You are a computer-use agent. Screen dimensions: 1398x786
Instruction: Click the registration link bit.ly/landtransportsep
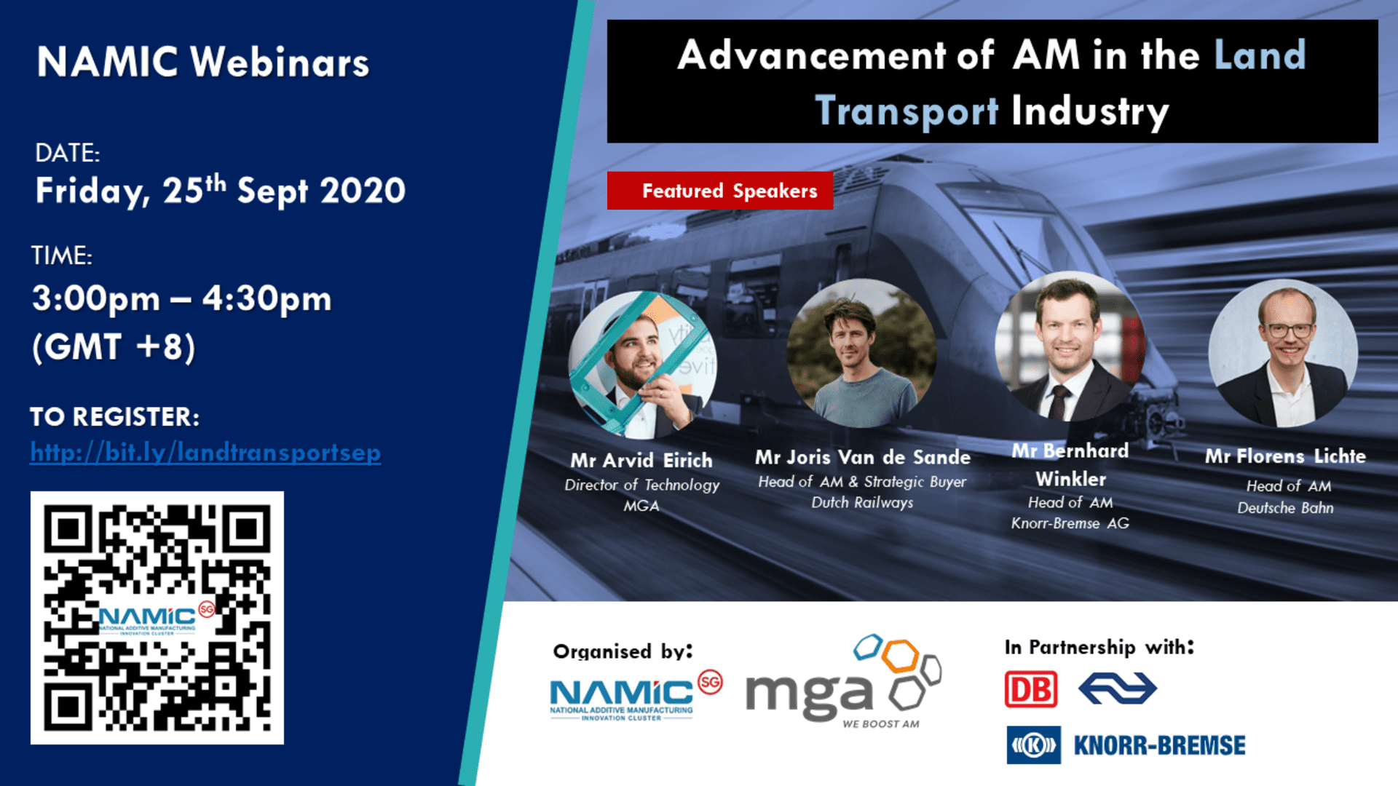[205, 453]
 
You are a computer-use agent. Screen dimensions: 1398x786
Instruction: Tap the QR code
[157, 618]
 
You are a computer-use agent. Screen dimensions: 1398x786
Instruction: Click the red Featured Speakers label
[720, 191]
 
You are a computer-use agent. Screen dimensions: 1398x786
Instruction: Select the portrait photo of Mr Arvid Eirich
[642, 365]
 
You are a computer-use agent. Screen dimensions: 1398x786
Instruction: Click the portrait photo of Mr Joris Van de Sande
[862, 354]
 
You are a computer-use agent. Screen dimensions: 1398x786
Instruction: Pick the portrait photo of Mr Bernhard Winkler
[1070, 346]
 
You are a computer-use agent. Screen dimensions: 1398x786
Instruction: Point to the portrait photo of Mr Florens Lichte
[1283, 354]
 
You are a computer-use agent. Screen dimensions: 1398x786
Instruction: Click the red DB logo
[1031, 689]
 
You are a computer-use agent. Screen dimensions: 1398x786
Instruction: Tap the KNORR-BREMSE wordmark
[1159, 745]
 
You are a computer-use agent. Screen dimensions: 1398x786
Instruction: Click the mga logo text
[809, 694]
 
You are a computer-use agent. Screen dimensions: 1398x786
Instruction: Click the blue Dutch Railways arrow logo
[1118, 688]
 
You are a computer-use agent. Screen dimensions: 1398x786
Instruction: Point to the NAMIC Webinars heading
[203, 62]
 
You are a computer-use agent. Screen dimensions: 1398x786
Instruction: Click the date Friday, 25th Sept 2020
[220, 191]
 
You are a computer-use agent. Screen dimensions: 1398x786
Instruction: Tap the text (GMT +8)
[114, 346]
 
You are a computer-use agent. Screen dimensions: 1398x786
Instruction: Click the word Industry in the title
[1090, 112]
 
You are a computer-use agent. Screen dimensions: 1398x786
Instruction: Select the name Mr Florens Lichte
[1285, 456]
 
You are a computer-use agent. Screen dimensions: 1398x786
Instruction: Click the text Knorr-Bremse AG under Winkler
[1070, 523]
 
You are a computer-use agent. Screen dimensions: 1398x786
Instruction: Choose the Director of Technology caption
[641, 485]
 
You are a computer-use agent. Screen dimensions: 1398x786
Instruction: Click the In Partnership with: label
[1099, 647]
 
